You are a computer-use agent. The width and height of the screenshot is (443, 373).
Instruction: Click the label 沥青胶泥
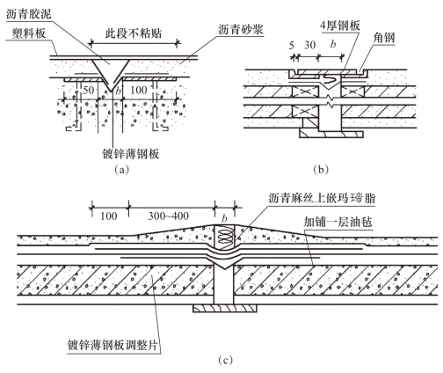(29, 14)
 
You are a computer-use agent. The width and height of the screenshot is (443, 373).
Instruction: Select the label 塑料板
(29, 33)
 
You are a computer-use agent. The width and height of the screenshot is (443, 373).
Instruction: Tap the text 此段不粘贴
(134, 33)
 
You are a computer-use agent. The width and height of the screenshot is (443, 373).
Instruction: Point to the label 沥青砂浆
(241, 29)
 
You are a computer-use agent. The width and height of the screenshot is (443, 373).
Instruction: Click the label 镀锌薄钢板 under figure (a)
(131, 154)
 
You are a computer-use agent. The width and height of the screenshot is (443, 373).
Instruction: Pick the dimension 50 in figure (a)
(89, 90)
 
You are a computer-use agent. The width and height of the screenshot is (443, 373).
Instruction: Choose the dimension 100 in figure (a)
(138, 90)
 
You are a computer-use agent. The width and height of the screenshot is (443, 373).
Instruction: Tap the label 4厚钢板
(340, 26)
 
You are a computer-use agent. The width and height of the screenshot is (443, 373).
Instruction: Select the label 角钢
(384, 38)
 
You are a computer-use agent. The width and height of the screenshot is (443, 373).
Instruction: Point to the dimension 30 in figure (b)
(310, 45)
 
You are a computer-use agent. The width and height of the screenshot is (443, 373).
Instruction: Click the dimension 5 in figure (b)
(292, 46)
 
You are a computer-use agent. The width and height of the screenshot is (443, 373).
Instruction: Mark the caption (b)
(321, 170)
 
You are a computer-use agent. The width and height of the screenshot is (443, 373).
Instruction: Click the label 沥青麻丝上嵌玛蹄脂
(322, 199)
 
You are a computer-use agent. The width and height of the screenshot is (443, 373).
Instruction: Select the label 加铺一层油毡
(338, 222)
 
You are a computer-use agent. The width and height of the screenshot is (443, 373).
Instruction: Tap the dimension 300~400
(168, 216)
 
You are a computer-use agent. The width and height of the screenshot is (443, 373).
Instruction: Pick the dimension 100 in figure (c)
(109, 216)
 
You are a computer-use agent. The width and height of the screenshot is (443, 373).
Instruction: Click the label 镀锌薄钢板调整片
(114, 345)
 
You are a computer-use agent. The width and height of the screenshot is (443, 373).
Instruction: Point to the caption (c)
(226, 361)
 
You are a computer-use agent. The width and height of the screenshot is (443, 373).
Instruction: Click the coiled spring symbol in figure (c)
(224, 238)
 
